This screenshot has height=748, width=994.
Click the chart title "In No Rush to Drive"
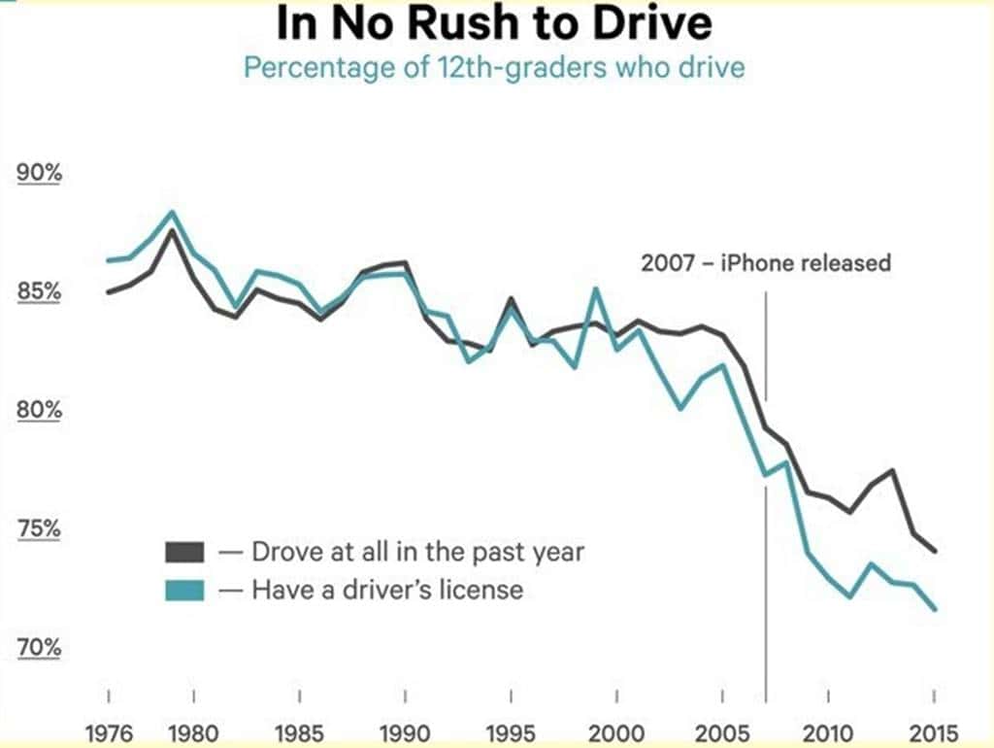494,24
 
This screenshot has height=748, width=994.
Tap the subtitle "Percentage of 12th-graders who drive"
494,70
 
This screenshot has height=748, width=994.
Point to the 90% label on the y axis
40,174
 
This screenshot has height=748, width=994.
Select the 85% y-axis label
40,291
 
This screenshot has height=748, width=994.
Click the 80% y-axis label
40,410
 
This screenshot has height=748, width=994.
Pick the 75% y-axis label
40,529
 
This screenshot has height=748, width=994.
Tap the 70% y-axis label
40,647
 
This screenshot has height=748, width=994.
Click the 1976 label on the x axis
110,731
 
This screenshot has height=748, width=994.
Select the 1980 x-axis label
194,731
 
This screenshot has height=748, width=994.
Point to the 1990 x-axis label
405,731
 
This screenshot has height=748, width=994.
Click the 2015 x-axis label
933,731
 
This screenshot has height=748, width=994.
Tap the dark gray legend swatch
184,553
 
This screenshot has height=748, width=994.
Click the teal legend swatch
184,589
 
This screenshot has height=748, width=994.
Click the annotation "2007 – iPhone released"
765,262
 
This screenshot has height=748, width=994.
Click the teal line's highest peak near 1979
172,212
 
